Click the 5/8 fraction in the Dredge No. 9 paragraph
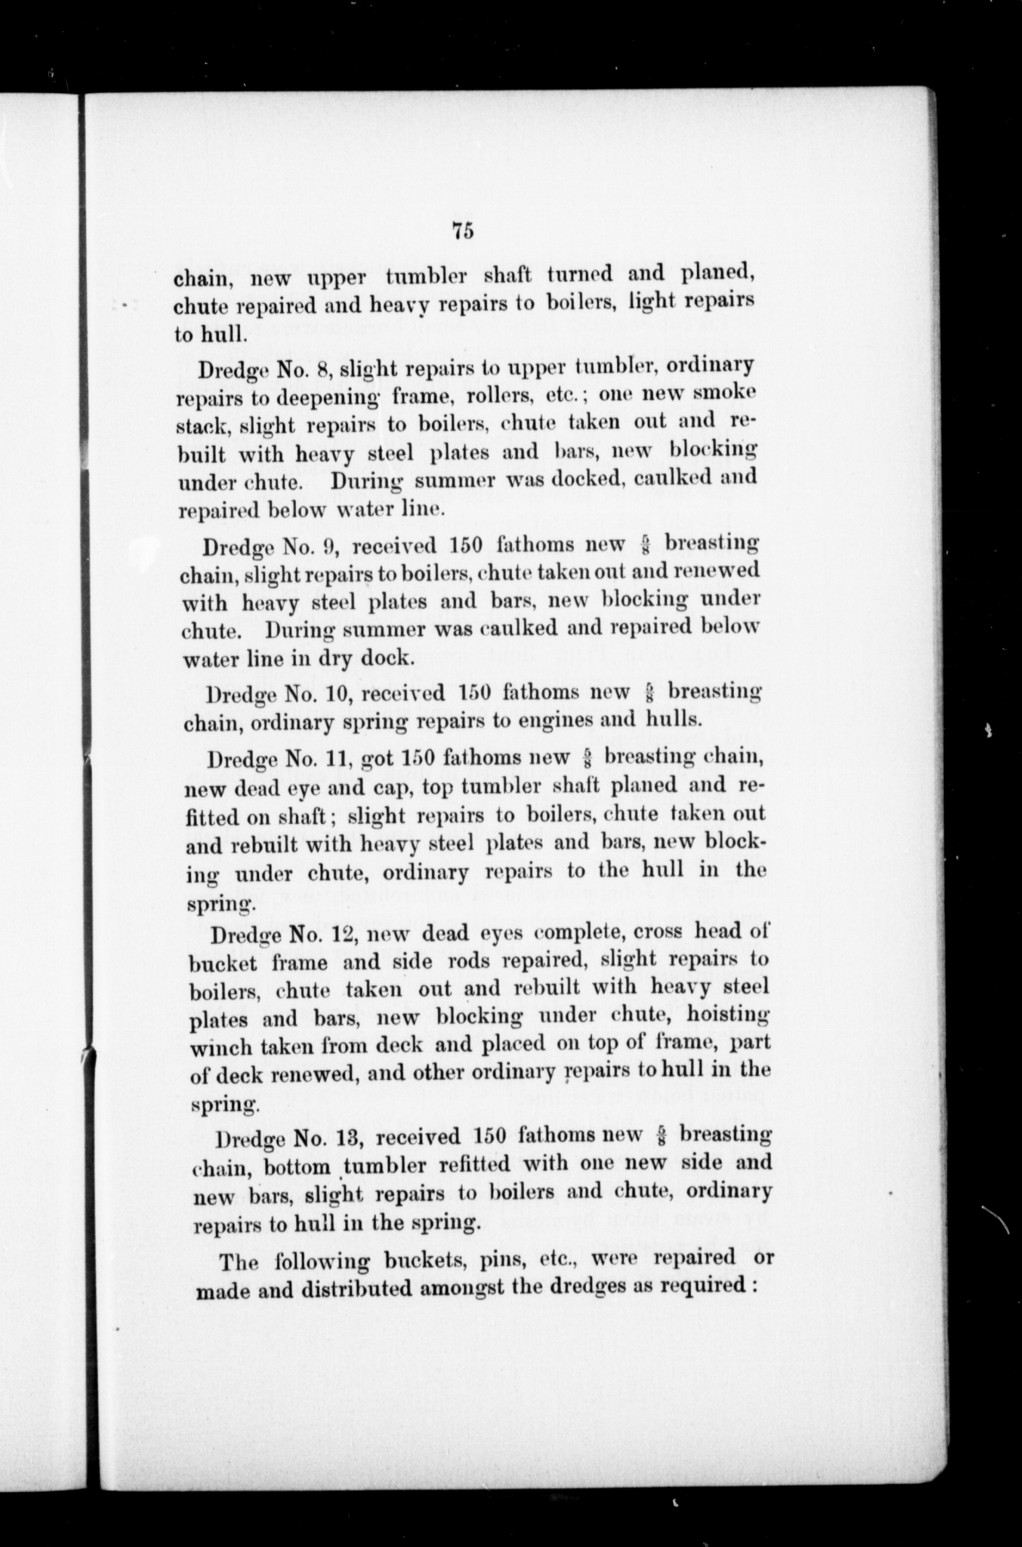[x=644, y=544]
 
